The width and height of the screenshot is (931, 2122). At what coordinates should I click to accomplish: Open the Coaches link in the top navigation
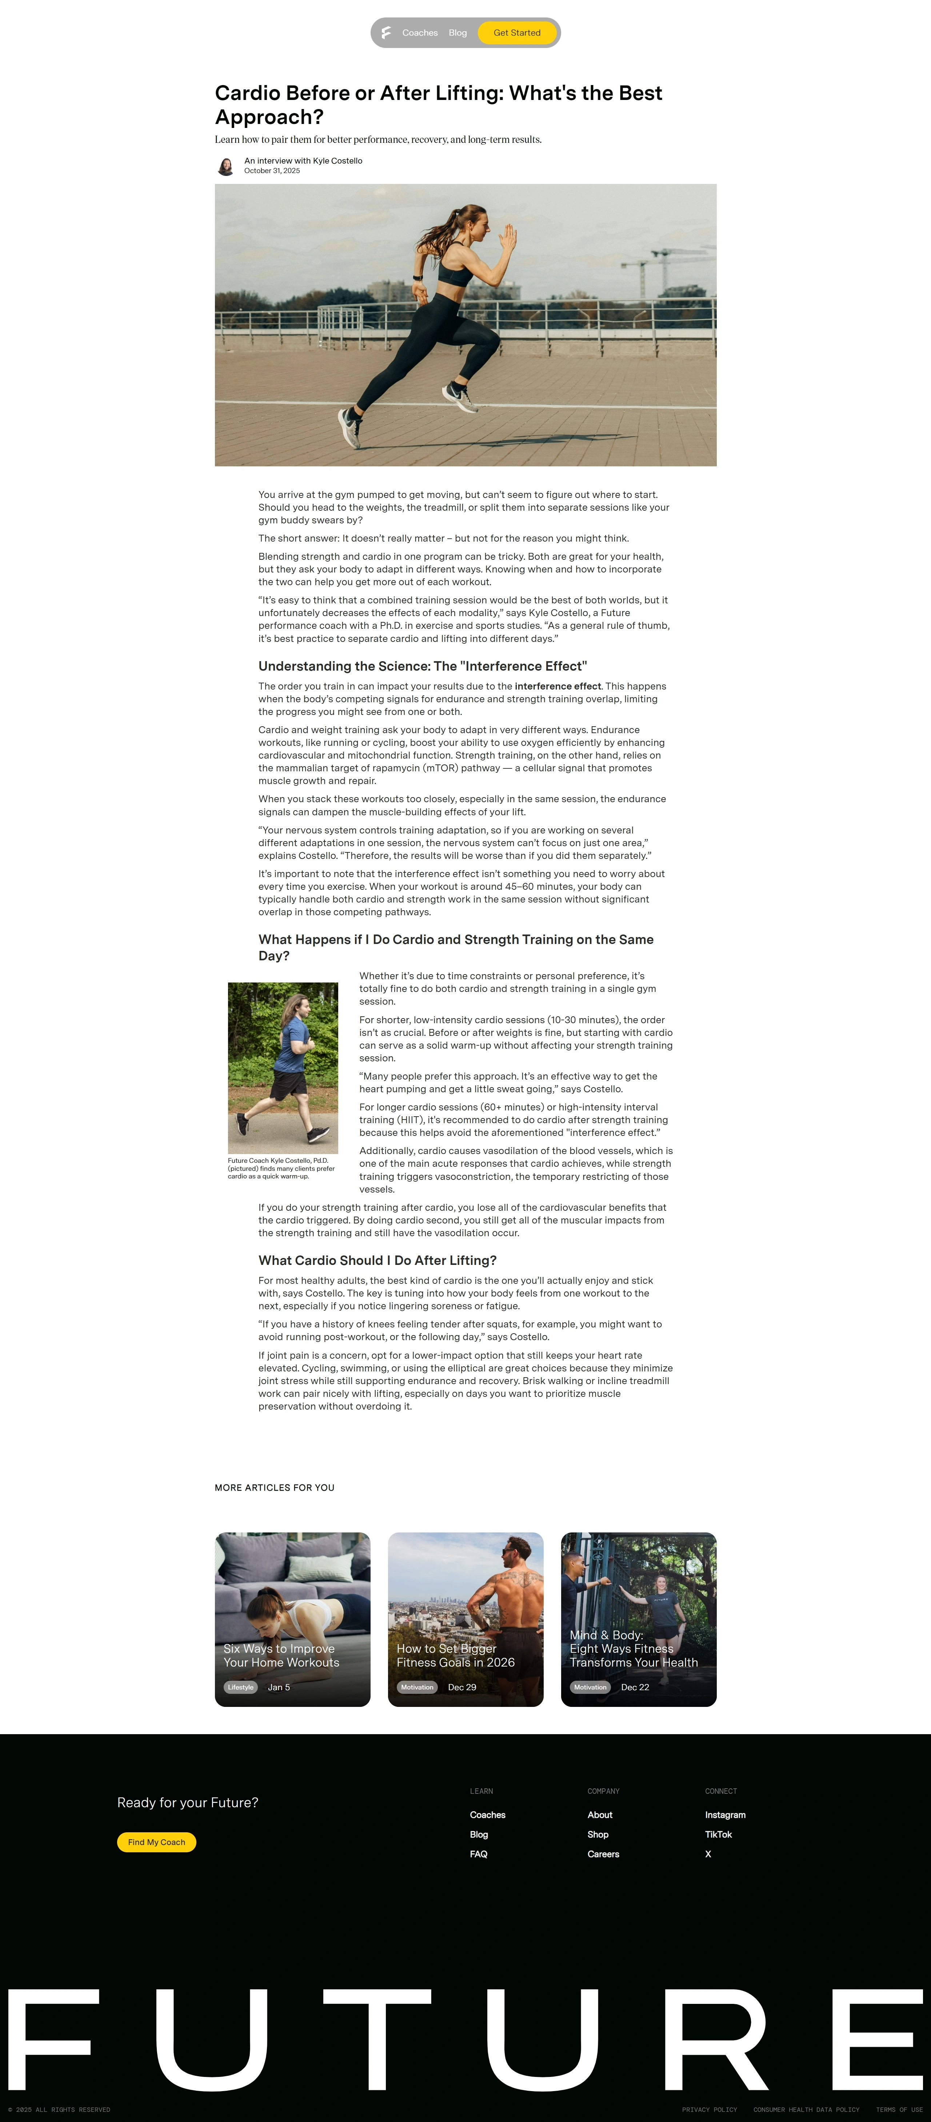pyautogui.click(x=419, y=33)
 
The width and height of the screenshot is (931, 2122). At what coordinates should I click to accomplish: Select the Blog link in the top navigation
pyautogui.click(x=457, y=33)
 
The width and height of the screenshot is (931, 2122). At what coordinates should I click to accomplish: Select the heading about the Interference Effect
pyautogui.click(x=422, y=666)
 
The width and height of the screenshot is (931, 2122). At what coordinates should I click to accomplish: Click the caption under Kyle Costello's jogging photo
pyautogui.click(x=281, y=1168)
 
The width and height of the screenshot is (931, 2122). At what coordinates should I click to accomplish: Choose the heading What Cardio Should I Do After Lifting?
pyautogui.click(x=376, y=1260)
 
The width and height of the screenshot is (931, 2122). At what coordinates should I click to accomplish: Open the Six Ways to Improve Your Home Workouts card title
pyautogui.click(x=281, y=1655)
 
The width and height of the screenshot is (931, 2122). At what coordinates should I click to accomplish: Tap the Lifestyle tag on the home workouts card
pyautogui.click(x=241, y=1687)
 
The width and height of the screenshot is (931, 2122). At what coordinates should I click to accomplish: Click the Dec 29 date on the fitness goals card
pyautogui.click(x=461, y=1687)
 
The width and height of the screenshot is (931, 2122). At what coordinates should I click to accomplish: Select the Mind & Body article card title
pyautogui.click(x=633, y=1648)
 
